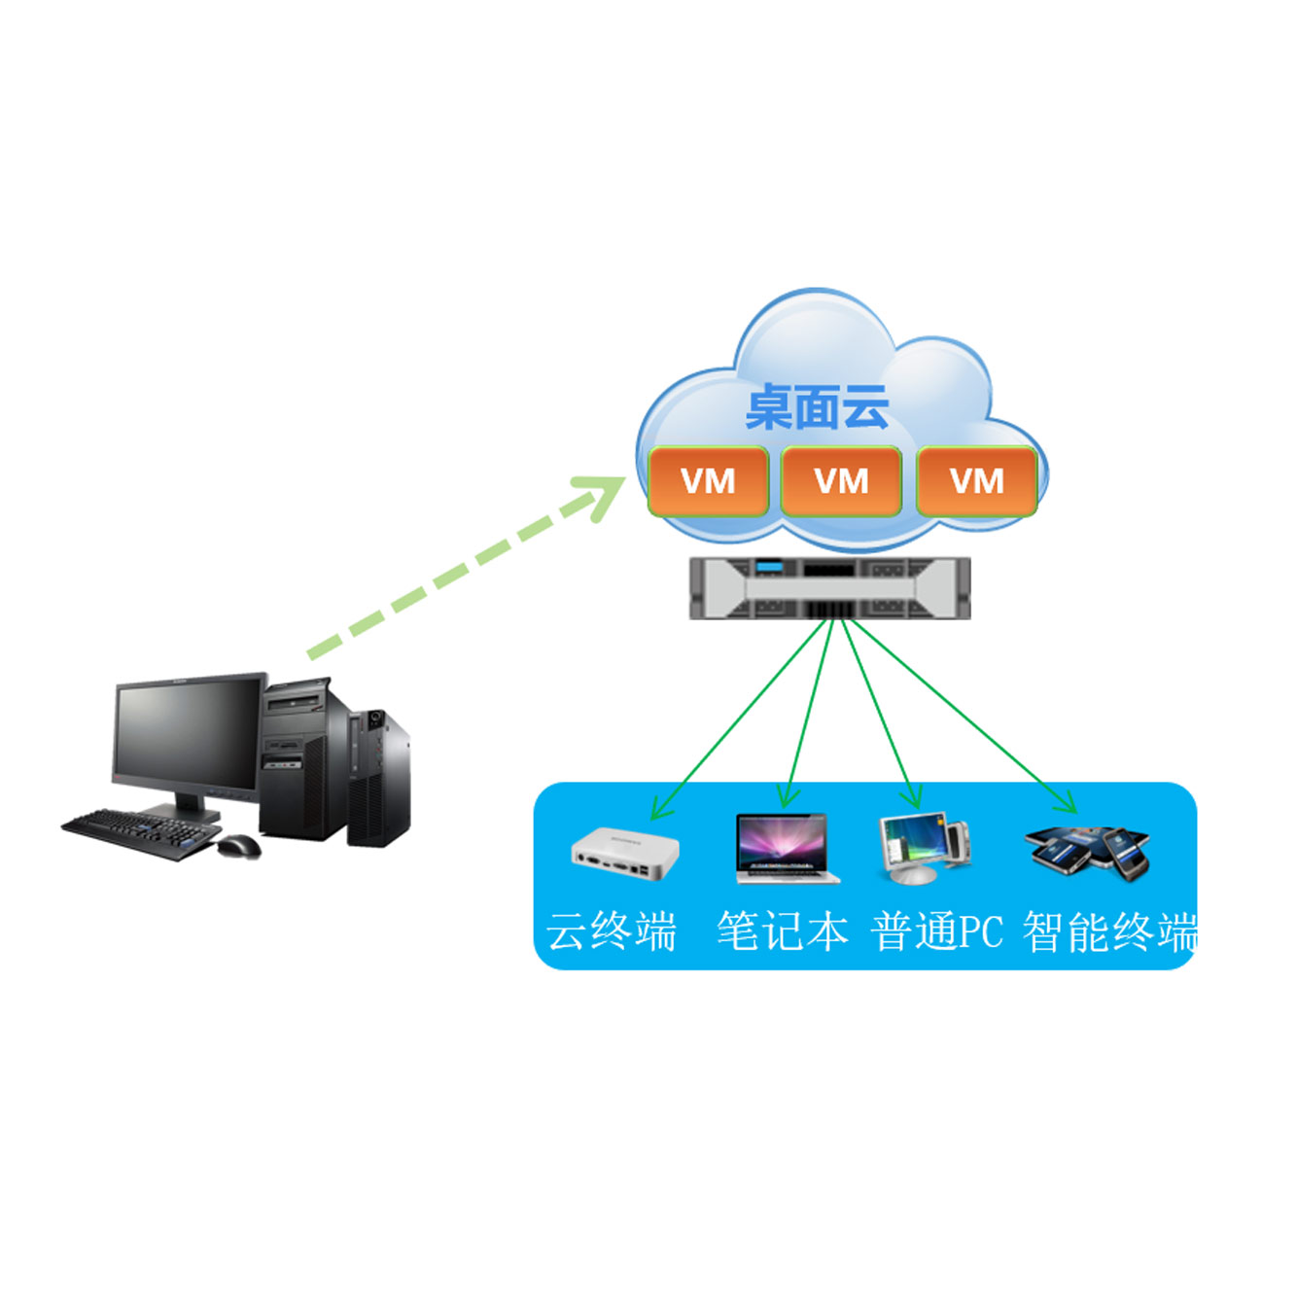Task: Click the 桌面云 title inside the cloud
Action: click(x=817, y=406)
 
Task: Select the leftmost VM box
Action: click(x=708, y=481)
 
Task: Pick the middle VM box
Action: click(x=841, y=481)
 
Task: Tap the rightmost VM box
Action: click(x=976, y=481)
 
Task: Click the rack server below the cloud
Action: click(x=830, y=587)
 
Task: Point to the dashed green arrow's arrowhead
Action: click(x=599, y=497)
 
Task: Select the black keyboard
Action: click(x=141, y=834)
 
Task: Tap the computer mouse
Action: click(x=239, y=846)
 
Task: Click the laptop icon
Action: click(x=787, y=849)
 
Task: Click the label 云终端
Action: click(x=611, y=931)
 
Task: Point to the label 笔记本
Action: click(x=782, y=931)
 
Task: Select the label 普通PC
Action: click(x=937, y=931)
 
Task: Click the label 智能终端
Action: click(x=1110, y=931)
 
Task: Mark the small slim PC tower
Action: click(x=378, y=778)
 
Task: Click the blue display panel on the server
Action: click(x=766, y=567)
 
